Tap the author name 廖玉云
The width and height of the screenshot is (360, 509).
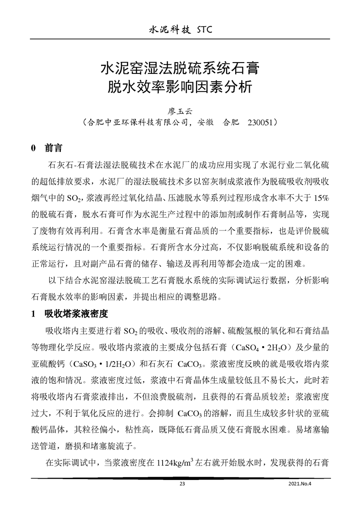(180, 110)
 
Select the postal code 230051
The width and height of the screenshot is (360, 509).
(263, 122)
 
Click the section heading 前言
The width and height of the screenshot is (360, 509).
(53, 148)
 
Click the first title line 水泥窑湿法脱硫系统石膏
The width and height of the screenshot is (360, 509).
(180, 70)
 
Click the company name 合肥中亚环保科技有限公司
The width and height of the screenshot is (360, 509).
(133, 122)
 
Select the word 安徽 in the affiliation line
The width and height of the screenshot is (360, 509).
(201, 122)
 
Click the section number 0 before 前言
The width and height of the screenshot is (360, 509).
(33, 149)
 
